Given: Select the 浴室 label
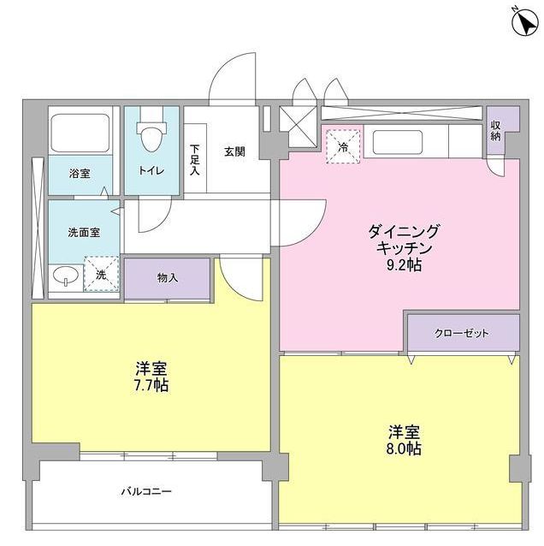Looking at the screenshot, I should [x=80, y=173].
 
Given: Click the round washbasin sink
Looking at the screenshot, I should [x=62, y=276].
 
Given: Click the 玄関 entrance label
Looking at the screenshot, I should [x=234, y=152].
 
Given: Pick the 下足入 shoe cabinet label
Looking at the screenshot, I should [x=194, y=159].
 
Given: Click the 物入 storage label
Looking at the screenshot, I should [x=167, y=277].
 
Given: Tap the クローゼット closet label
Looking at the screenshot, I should [x=463, y=333].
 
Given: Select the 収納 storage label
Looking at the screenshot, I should [x=497, y=131].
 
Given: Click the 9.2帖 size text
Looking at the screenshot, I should [x=404, y=264].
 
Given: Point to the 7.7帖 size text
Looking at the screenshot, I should [x=151, y=385].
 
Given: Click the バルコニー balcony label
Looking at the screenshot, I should [x=146, y=492].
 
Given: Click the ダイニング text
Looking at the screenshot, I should [x=404, y=231].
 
